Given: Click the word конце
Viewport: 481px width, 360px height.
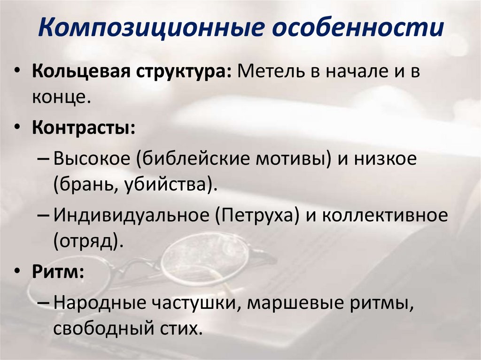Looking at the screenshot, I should [x=59, y=98].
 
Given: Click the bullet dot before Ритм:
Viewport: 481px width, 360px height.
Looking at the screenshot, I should [x=17, y=272].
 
